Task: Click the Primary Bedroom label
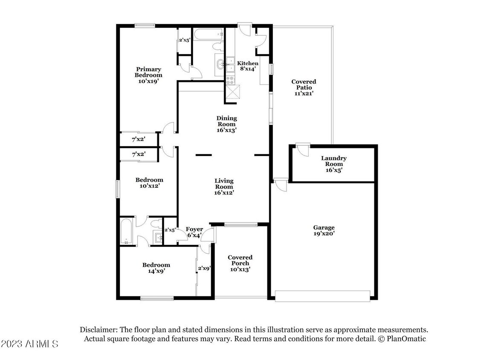(x=148, y=75)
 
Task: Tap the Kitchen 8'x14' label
(x=248, y=66)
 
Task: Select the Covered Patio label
(x=304, y=87)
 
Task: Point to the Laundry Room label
(x=333, y=164)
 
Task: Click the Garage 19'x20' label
(x=324, y=230)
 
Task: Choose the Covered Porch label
(x=240, y=263)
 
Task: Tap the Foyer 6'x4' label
(x=194, y=232)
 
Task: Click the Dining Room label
(x=226, y=124)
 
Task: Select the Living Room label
(x=224, y=186)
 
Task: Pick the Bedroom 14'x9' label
(x=156, y=268)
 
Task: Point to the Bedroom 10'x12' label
(x=149, y=183)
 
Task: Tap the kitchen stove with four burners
(x=230, y=80)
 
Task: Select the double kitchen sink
(x=230, y=64)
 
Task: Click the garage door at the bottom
(x=322, y=296)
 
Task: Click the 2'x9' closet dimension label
(x=204, y=269)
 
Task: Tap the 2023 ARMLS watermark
(x=30, y=344)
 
